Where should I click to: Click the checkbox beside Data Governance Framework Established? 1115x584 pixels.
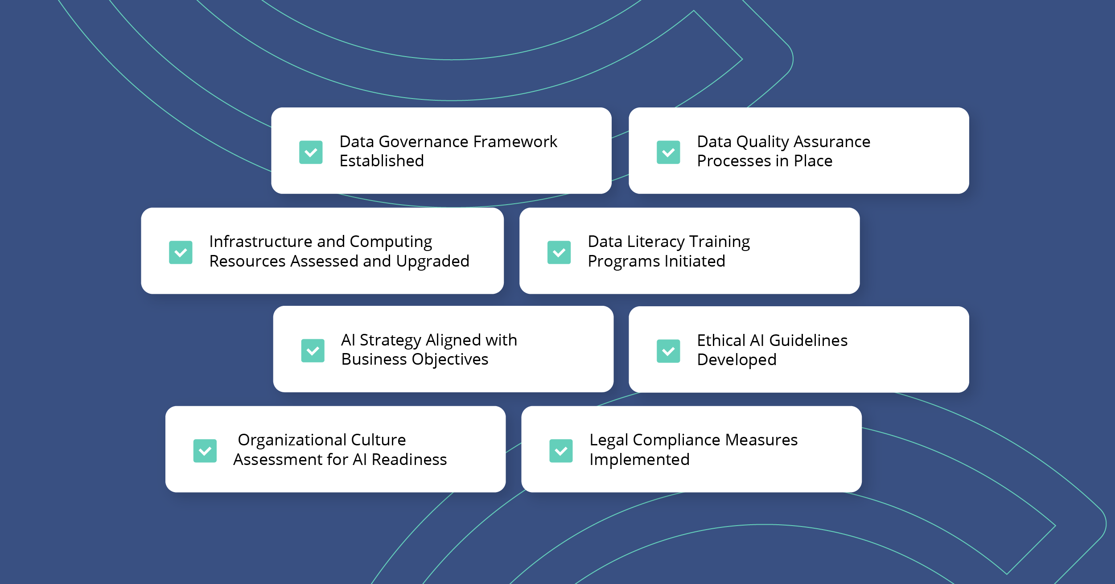311,152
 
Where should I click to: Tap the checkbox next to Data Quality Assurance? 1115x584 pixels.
668,152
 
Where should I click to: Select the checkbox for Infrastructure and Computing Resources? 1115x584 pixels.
181,252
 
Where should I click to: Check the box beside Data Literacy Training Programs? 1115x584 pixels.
559,252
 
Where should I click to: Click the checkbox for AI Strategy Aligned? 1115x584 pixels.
313,351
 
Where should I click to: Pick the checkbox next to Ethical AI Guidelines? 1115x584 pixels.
668,351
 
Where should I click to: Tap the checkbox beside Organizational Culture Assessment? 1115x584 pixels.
205,451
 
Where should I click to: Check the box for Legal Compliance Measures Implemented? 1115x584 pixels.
561,451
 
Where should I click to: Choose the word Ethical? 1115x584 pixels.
721,341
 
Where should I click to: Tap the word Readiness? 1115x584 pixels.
409,460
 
